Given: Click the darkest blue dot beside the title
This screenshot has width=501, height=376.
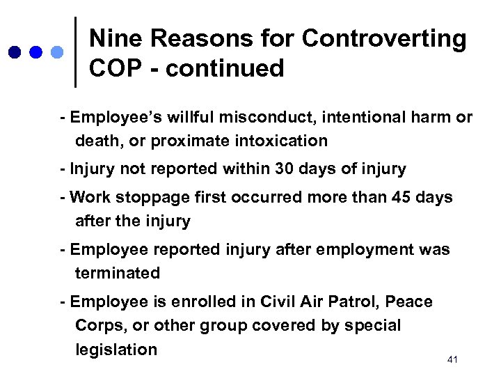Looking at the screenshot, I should tap(15, 52).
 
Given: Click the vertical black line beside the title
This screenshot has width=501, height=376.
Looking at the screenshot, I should tap(75, 52).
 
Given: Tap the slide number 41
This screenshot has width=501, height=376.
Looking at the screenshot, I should tap(453, 359).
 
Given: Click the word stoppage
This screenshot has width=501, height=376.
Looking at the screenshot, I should tap(157, 197).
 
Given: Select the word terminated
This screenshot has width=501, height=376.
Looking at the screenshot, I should tap(118, 273).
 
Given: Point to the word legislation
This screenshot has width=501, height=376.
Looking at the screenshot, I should tap(116, 349).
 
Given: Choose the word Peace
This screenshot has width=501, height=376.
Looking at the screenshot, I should tap(408, 301).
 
